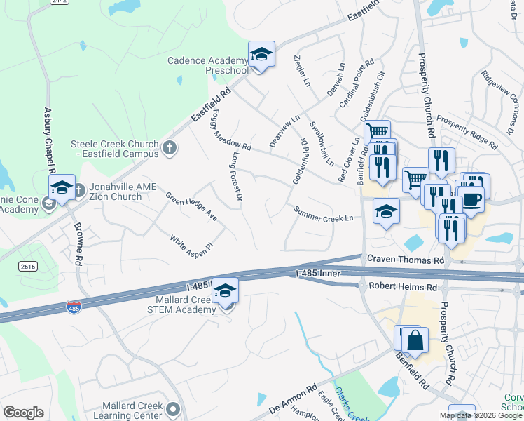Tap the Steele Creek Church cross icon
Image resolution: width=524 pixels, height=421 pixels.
168,148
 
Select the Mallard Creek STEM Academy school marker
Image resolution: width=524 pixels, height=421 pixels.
226,290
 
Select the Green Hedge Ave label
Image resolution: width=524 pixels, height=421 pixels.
191,207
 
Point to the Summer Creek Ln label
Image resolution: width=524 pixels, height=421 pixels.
323,214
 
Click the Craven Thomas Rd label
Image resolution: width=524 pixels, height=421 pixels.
406,260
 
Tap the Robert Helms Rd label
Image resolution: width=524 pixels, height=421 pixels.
397,287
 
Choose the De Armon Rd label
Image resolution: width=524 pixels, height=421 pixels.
293,407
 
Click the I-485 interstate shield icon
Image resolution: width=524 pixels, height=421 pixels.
74,307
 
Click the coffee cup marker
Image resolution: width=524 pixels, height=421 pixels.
471,198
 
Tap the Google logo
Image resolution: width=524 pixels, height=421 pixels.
23,413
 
